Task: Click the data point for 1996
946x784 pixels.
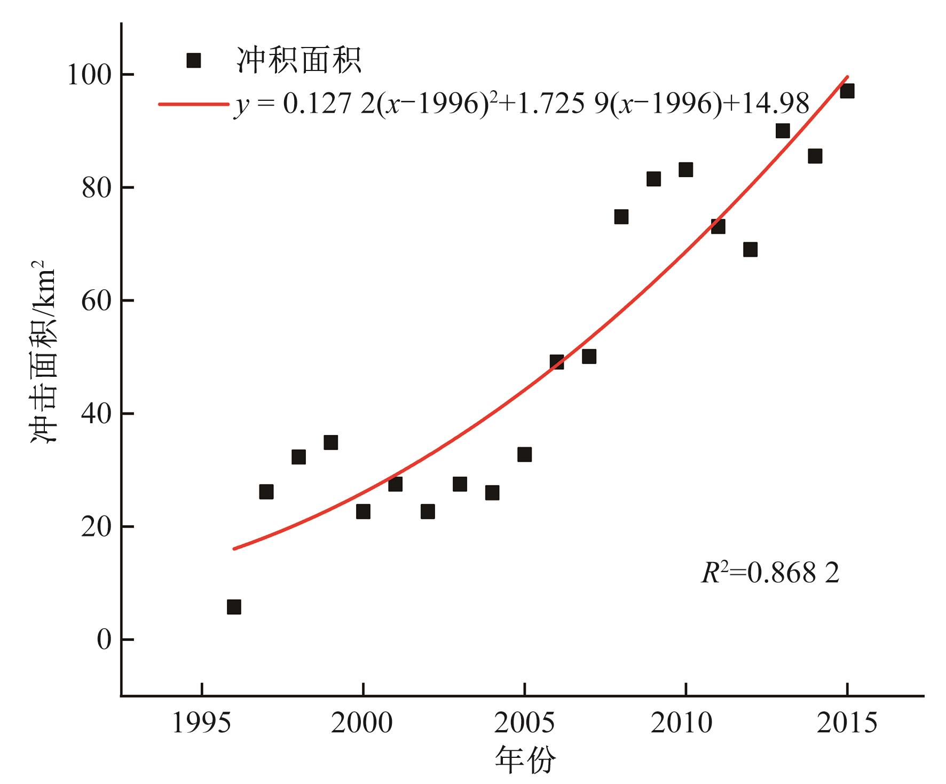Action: (234, 607)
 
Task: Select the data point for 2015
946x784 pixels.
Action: (847, 91)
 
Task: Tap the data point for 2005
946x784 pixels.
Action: (524, 454)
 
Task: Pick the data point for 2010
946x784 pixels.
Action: (685, 170)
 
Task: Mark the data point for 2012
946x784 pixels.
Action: (750, 249)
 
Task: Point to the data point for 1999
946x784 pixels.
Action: (330, 442)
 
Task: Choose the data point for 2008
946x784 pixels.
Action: (621, 217)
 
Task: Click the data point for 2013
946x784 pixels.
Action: (783, 131)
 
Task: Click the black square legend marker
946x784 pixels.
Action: (193, 60)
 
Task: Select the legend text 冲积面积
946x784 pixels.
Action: (299, 60)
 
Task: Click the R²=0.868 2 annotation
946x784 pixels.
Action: (770, 573)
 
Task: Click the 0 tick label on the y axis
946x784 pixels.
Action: (104, 639)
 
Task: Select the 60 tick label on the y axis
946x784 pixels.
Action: (96, 301)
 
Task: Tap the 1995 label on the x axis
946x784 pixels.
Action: (202, 724)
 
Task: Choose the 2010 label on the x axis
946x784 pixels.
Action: (685, 724)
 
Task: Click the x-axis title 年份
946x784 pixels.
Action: (525, 760)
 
